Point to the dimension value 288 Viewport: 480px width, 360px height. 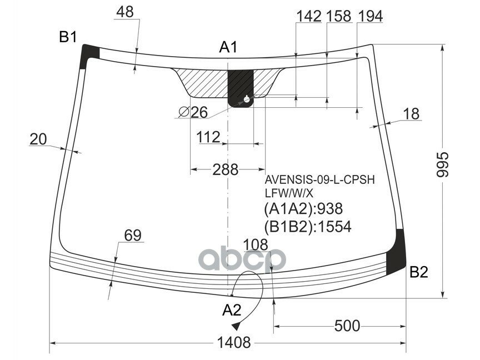225,169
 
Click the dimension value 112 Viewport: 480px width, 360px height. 208,137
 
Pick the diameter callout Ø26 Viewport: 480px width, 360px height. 193,112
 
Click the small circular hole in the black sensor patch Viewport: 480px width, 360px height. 246,100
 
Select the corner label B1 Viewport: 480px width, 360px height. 68,37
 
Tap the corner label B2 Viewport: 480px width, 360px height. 419,272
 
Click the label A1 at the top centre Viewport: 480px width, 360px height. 228,48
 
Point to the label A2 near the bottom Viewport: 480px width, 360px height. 233,309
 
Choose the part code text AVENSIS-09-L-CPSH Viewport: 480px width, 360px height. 319,180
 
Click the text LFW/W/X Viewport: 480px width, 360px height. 289,193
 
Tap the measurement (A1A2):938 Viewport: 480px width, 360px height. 303,209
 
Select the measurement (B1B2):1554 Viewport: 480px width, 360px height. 308,226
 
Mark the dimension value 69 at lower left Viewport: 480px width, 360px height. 132,236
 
